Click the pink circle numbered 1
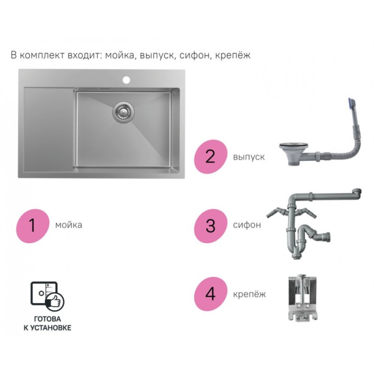click(32, 226)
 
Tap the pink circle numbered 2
click(210, 157)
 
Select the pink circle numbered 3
click(210, 226)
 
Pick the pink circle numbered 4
click(210, 294)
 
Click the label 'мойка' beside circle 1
click(69, 225)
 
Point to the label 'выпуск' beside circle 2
click(249, 157)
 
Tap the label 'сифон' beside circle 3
click(247, 225)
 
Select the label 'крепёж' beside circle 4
click(249, 294)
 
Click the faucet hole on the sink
click(126, 79)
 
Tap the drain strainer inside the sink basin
click(123, 112)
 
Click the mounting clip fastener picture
click(302, 299)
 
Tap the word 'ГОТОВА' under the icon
click(48, 319)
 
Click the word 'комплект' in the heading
click(42, 55)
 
